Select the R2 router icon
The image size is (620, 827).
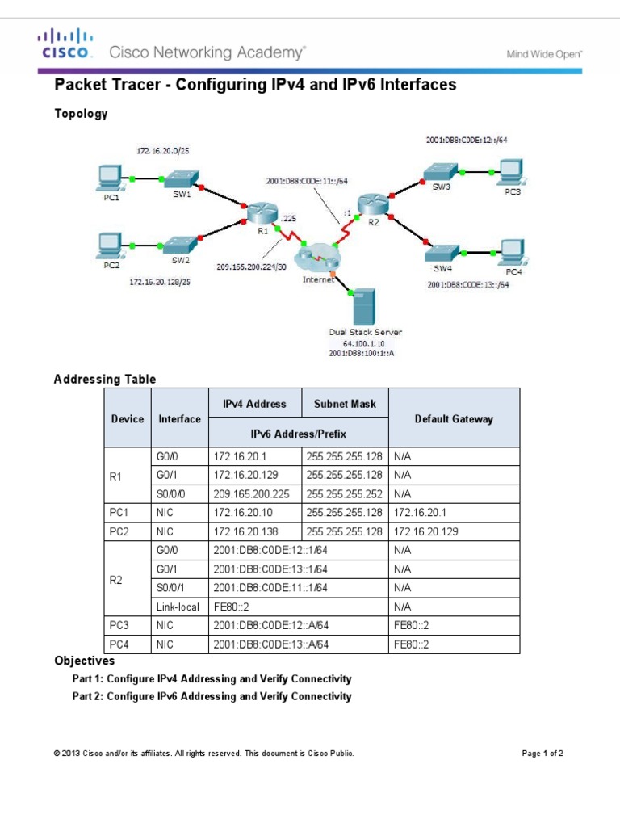[x=372, y=204]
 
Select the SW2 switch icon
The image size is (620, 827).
[x=180, y=244]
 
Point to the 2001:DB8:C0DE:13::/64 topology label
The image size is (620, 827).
[x=468, y=284]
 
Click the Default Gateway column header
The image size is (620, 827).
[x=454, y=418]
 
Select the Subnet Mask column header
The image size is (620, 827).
[x=346, y=403]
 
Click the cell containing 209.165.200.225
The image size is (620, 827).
[x=254, y=493]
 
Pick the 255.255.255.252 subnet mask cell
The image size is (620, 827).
[x=346, y=493]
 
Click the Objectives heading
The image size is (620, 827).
[x=84, y=661]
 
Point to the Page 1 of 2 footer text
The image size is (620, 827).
[x=542, y=754]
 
